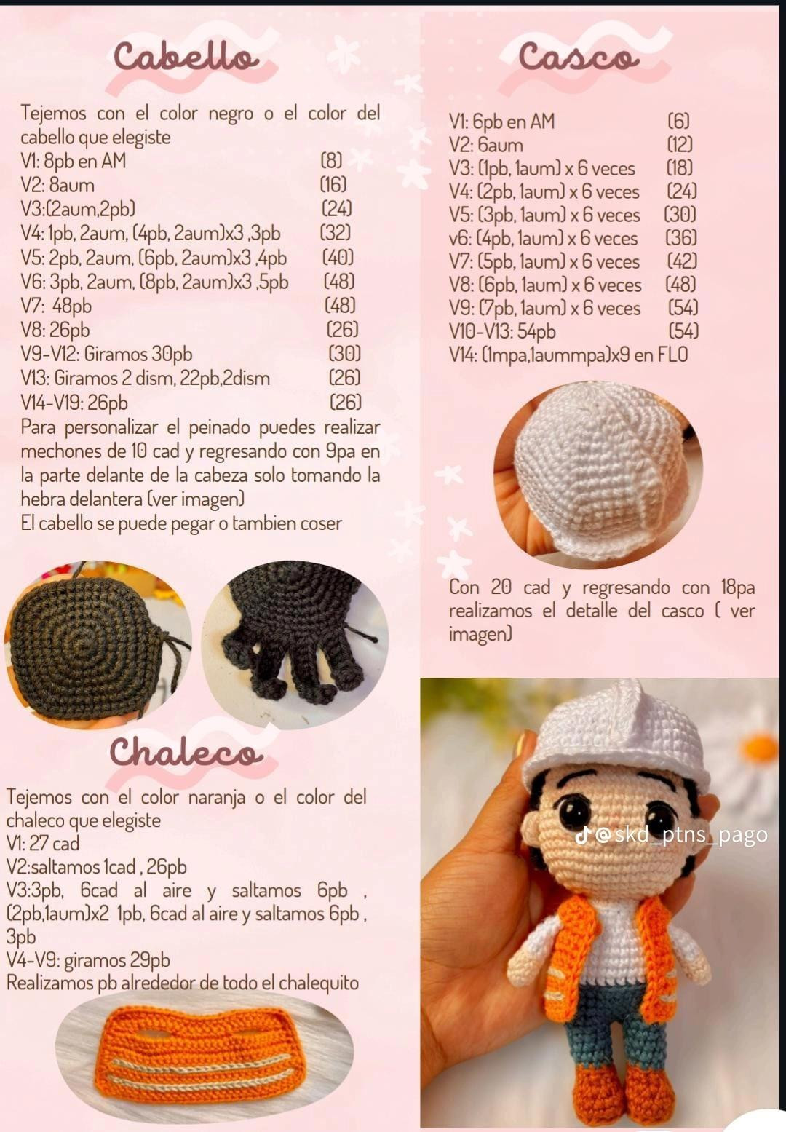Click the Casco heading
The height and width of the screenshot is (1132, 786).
click(579, 57)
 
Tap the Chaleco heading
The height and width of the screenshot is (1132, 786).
click(186, 752)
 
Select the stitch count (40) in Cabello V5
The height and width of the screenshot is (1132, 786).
click(338, 258)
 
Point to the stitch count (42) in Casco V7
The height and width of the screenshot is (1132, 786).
click(682, 261)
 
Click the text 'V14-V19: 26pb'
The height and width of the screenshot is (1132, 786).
click(74, 403)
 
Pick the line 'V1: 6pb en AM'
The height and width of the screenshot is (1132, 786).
click(501, 122)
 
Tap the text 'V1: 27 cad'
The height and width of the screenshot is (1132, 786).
click(43, 844)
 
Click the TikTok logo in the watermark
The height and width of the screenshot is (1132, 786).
click(582, 835)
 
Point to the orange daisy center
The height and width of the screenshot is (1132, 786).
click(761, 748)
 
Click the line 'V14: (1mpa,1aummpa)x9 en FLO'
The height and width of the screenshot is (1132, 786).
click(568, 355)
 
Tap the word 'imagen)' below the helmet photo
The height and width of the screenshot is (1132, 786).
click(480, 634)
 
